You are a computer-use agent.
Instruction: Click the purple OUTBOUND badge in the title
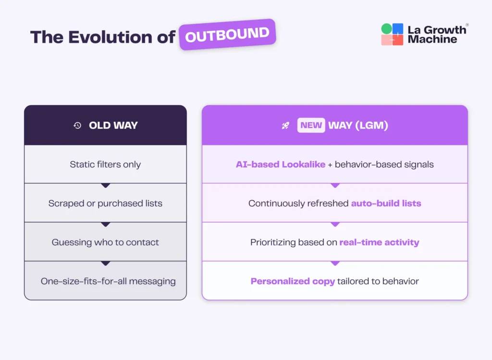(x=227, y=35)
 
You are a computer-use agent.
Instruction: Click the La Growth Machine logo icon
(x=392, y=35)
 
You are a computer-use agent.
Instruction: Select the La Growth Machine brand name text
(x=437, y=35)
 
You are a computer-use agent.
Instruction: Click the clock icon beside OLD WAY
(x=77, y=125)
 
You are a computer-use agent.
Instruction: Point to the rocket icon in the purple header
(x=285, y=126)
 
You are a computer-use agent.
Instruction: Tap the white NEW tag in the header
(x=311, y=126)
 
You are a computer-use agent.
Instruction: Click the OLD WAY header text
(x=113, y=125)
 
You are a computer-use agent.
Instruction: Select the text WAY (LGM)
(x=358, y=126)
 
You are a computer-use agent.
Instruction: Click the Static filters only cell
(x=105, y=164)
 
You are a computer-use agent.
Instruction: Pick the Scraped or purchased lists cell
(x=105, y=203)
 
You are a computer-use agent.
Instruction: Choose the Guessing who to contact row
(x=105, y=242)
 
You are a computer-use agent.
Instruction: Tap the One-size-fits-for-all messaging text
(x=108, y=281)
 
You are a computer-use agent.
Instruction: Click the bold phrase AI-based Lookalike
(x=280, y=164)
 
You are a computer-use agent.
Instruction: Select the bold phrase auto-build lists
(x=386, y=203)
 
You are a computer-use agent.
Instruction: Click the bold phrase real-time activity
(x=379, y=242)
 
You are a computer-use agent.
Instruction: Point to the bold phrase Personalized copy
(x=293, y=281)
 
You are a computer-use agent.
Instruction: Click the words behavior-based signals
(x=384, y=164)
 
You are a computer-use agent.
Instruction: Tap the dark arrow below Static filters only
(x=106, y=185)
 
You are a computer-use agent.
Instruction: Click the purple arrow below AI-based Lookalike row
(x=335, y=185)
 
